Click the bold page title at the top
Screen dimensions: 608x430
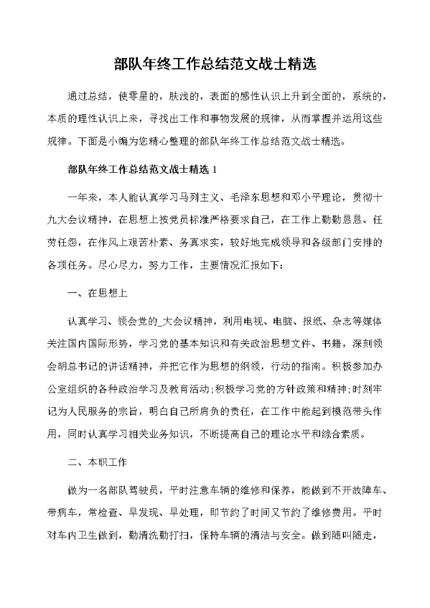point(215,63)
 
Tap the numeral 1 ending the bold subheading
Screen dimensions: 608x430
point(214,169)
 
